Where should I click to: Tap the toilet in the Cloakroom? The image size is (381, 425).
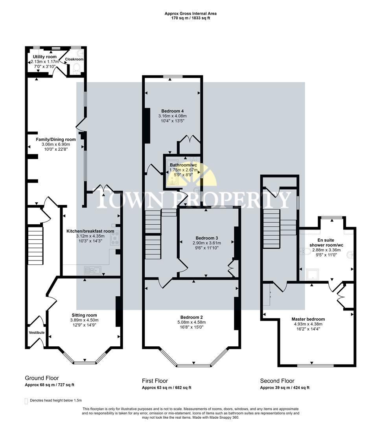pyautogui.click(x=77, y=68)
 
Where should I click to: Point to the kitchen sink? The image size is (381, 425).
pyautogui.click(x=93, y=270)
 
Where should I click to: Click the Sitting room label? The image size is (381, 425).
pyautogui.click(x=84, y=315)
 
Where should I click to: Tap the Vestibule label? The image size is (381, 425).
pyautogui.click(x=37, y=333)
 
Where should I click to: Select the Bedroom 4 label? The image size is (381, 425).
pyautogui.click(x=172, y=111)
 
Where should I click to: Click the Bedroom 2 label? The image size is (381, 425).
pyautogui.click(x=193, y=317)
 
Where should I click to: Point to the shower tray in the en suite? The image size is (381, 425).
pyautogui.click(x=313, y=274)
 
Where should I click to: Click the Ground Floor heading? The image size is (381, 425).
pyautogui.click(x=42, y=378)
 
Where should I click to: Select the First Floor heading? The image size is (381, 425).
pyautogui.click(x=155, y=381)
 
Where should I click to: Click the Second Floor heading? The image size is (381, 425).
pyautogui.click(x=277, y=381)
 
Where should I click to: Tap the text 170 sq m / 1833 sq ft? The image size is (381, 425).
pyautogui.click(x=190, y=18)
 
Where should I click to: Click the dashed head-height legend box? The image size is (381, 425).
pyautogui.click(x=26, y=401)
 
